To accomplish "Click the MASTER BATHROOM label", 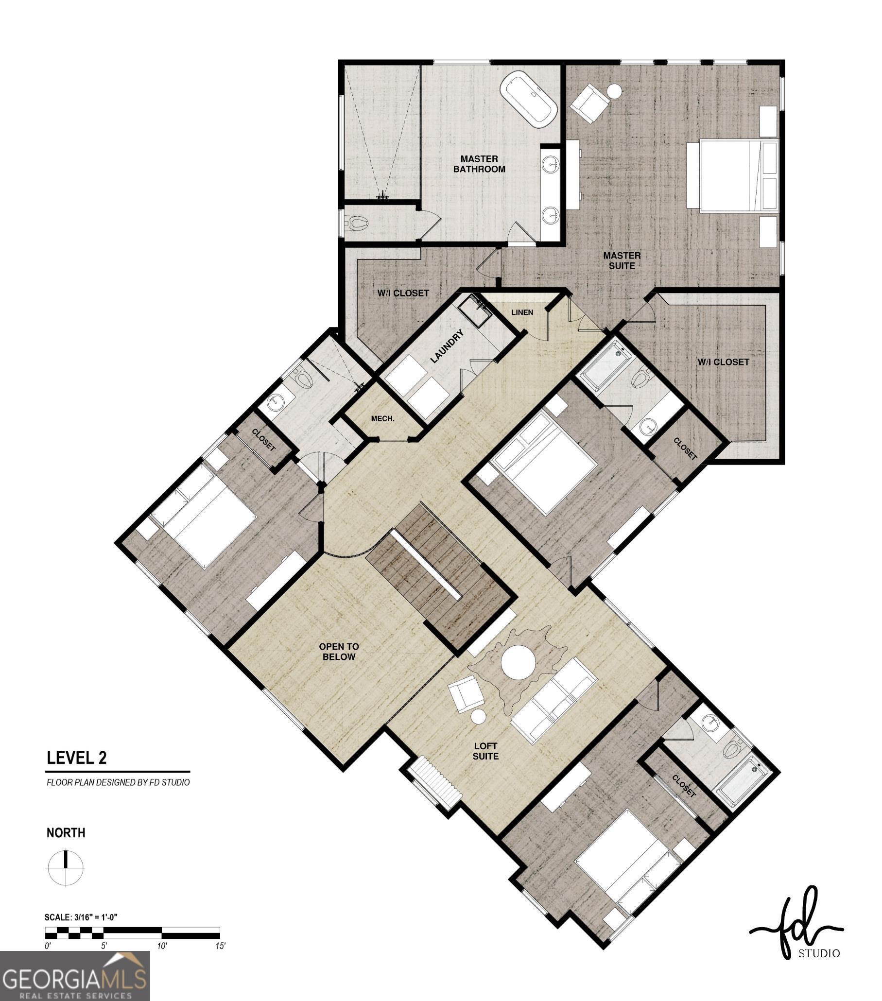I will click(x=479, y=164).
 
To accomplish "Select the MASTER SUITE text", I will click(x=621, y=260).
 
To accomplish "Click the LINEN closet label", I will click(x=521, y=312).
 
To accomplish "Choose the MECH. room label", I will click(x=382, y=419).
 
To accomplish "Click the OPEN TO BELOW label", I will click(x=338, y=651).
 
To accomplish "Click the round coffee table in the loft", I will click(x=518, y=662).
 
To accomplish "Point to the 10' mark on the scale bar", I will click(x=162, y=946).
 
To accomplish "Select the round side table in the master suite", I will click(x=614, y=91).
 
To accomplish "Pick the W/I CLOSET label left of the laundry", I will click(x=402, y=293).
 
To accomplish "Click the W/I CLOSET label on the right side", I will click(x=722, y=362).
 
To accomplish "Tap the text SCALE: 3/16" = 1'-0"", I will click(x=81, y=917).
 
